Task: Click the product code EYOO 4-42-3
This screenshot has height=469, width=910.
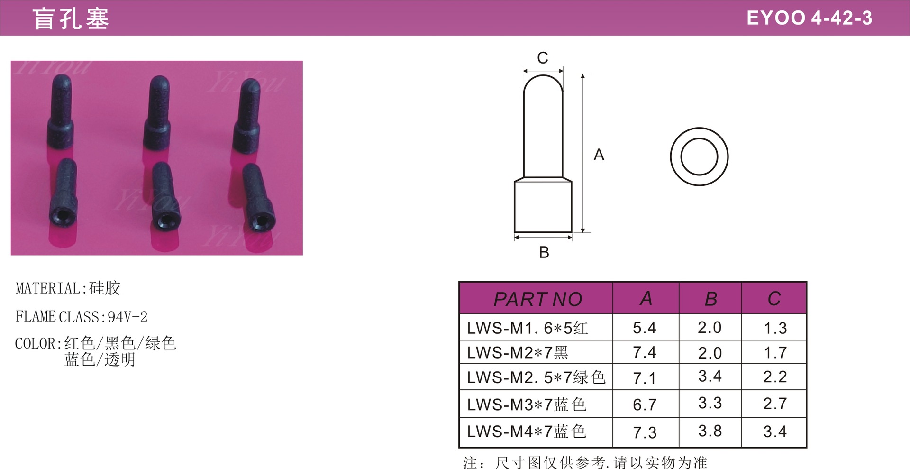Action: click(809, 18)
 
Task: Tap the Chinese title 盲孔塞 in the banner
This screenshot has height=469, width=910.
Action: click(71, 19)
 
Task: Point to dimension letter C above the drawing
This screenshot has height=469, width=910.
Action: click(543, 58)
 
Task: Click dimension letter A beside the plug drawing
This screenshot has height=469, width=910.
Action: click(599, 155)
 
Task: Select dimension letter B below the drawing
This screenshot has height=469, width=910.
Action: click(544, 252)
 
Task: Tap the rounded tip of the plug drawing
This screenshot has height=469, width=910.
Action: click(543, 76)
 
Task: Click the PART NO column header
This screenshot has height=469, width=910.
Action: click(538, 299)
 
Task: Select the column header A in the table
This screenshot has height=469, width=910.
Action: click(646, 299)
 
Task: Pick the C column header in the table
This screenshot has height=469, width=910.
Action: click(774, 299)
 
